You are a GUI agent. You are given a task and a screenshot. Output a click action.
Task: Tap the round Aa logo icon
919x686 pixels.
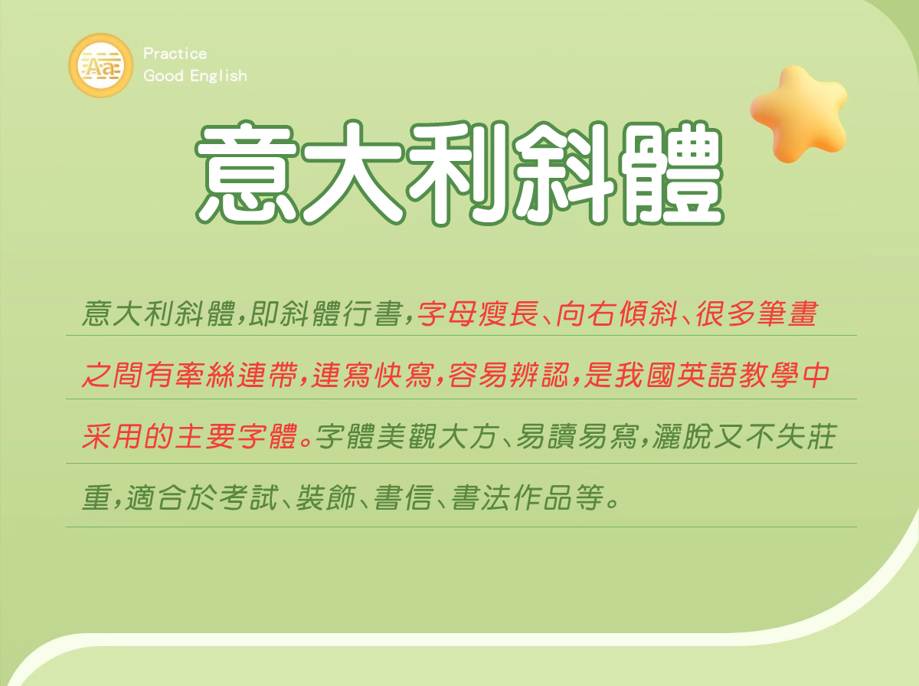point(101,65)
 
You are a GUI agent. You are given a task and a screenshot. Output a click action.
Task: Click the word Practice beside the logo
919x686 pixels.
point(175,54)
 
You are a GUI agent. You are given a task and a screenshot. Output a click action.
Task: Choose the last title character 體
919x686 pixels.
point(671,173)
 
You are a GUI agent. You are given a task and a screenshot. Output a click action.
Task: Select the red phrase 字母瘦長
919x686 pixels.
point(478,313)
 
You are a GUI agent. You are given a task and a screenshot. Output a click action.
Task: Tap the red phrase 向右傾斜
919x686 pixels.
point(617,313)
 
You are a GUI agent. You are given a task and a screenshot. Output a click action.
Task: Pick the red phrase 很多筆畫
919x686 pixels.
point(757,313)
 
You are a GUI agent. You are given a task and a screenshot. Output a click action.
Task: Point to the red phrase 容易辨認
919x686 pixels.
point(509,375)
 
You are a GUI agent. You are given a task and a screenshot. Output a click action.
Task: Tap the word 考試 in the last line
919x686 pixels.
point(248,498)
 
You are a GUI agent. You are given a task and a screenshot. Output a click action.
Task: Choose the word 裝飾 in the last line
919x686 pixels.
point(325,498)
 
